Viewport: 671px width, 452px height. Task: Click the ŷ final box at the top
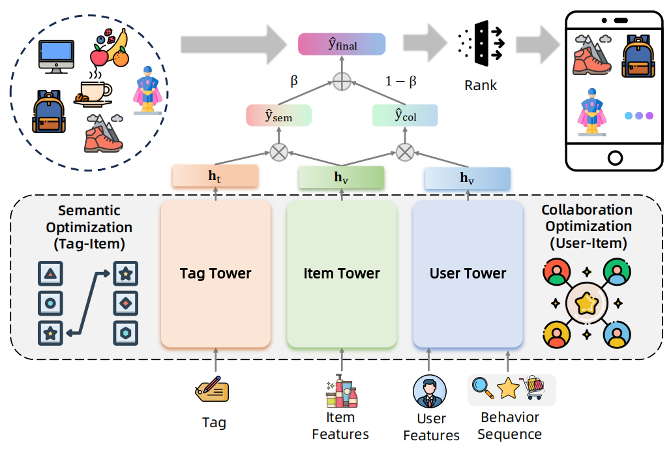click(x=342, y=44)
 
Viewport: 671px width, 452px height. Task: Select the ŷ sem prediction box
click(x=278, y=115)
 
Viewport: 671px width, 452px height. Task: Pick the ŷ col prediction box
click(x=405, y=115)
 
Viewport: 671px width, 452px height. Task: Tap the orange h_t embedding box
click(x=215, y=176)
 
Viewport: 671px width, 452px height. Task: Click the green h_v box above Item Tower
click(x=342, y=177)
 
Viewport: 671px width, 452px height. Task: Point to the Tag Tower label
click(x=215, y=273)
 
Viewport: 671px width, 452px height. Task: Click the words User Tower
click(x=468, y=273)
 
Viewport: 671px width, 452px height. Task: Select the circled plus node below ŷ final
click(x=342, y=82)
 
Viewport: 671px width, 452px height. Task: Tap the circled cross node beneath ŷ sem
click(x=279, y=153)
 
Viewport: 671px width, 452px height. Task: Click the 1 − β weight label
click(x=400, y=81)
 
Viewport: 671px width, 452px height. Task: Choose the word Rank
click(x=481, y=85)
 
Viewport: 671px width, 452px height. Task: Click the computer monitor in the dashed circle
click(x=56, y=57)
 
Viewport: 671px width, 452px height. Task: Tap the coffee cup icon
click(x=94, y=90)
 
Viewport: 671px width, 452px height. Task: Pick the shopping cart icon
click(x=532, y=388)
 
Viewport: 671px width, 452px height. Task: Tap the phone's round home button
click(x=615, y=158)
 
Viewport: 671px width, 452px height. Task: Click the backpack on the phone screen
click(x=638, y=56)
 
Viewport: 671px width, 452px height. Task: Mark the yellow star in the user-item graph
click(x=587, y=303)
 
